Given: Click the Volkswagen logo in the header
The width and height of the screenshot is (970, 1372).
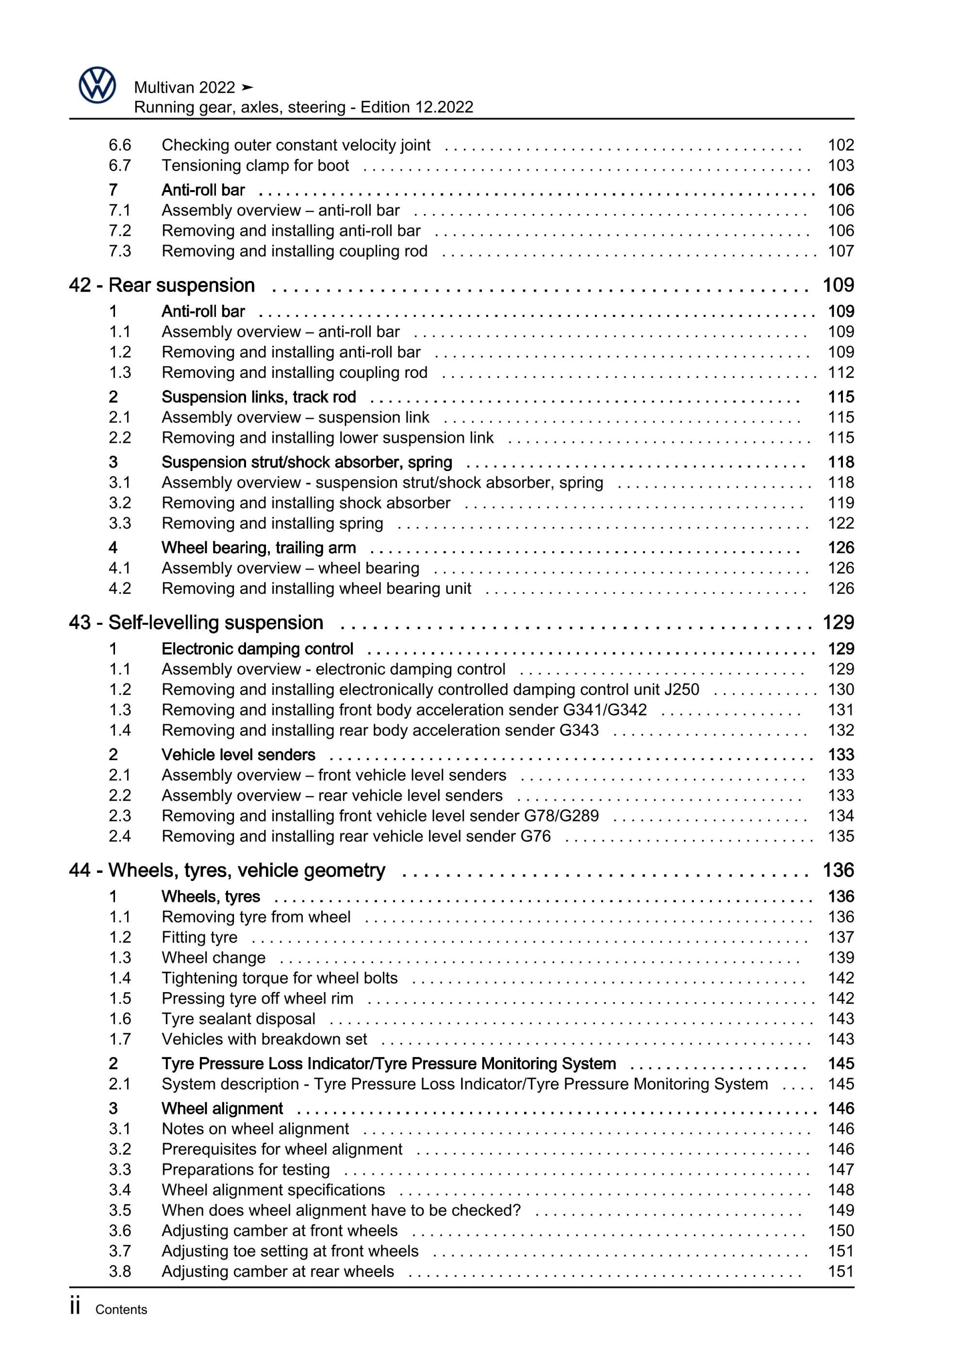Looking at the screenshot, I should (x=97, y=85).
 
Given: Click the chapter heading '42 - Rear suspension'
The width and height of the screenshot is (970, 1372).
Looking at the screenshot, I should (x=162, y=286).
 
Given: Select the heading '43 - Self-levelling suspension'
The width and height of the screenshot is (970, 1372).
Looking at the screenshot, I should (x=196, y=622).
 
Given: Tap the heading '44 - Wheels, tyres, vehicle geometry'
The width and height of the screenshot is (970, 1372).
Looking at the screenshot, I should (x=227, y=870).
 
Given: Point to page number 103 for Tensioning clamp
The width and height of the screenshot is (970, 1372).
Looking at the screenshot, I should (x=840, y=165).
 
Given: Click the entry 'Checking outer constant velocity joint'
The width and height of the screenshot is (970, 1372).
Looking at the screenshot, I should (x=296, y=145).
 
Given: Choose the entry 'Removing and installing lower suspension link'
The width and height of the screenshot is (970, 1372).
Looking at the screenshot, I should (x=328, y=438).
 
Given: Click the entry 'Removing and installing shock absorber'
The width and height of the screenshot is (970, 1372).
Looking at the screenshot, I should (x=305, y=503).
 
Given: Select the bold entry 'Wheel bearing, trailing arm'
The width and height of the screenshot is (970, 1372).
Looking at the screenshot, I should (x=258, y=548).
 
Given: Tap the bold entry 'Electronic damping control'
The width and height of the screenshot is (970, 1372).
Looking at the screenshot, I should (x=257, y=649).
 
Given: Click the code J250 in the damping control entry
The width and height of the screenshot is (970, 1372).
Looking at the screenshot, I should (x=681, y=689).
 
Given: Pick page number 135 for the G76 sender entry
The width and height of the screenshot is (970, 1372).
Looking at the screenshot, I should (x=840, y=836).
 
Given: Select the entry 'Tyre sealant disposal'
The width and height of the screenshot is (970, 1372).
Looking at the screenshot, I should (x=238, y=1019).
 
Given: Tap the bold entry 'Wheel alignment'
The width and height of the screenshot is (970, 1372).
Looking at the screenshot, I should (x=222, y=1109).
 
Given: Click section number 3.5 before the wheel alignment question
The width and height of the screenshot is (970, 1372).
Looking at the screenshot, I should (x=119, y=1210).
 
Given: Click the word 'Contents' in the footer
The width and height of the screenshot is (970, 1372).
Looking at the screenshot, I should (x=121, y=1310).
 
